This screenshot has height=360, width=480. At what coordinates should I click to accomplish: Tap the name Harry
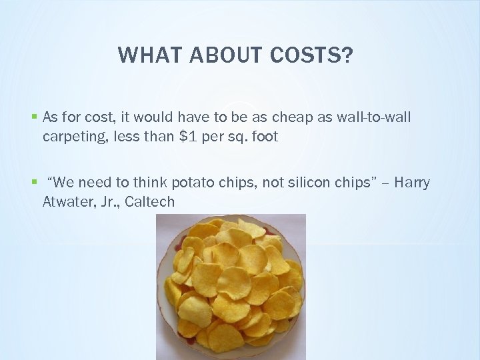coord(413,183)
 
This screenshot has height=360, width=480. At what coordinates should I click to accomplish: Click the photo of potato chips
coord(231,287)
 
